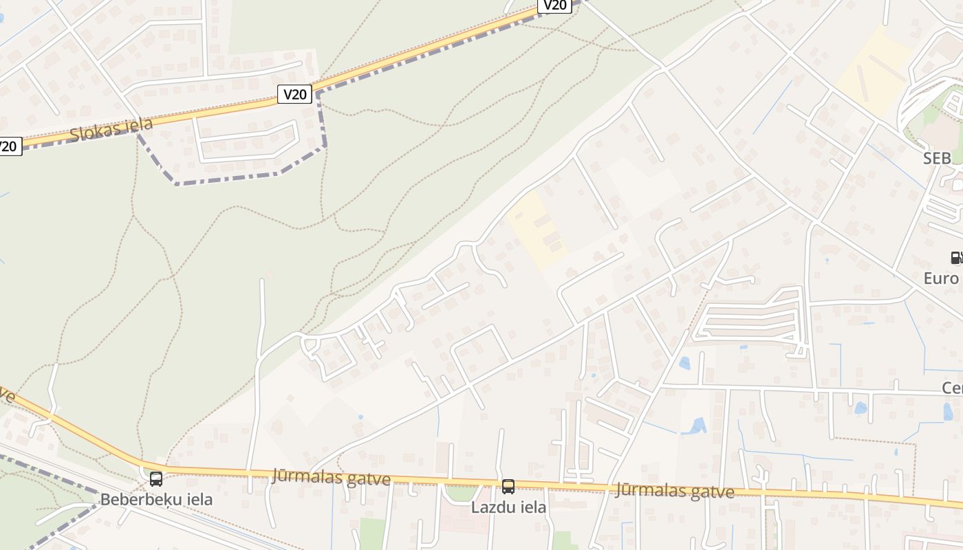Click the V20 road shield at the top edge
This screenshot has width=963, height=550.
pyautogui.click(x=554, y=5)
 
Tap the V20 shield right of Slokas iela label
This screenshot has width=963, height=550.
pyautogui.click(x=295, y=93)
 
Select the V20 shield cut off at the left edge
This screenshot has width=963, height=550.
pyautogui.click(x=8, y=146)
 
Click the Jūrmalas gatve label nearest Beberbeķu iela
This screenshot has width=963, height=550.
pyautogui.click(x=331, y=477)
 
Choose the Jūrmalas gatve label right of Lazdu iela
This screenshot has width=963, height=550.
pyautogui.click(x=674, y=490)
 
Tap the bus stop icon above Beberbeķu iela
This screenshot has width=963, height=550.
pyautogui.click(x=156, y=478)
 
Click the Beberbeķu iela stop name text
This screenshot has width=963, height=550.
pyautogui.click(x=156, y=499)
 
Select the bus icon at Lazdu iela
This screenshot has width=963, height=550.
pyautogui.click(x=508, y=487)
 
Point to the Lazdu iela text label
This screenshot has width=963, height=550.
pyautogui.click(x=508, y=507)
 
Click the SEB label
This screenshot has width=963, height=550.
pyautogui.click(x=937, y=159)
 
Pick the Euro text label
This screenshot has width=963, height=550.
pyautogui.click(x=941, y=278)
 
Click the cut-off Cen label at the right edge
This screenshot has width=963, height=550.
pyautogui.click(x=952, y=388)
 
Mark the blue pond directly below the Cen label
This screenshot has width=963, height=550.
pyautogui.click(x=948, y=411)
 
